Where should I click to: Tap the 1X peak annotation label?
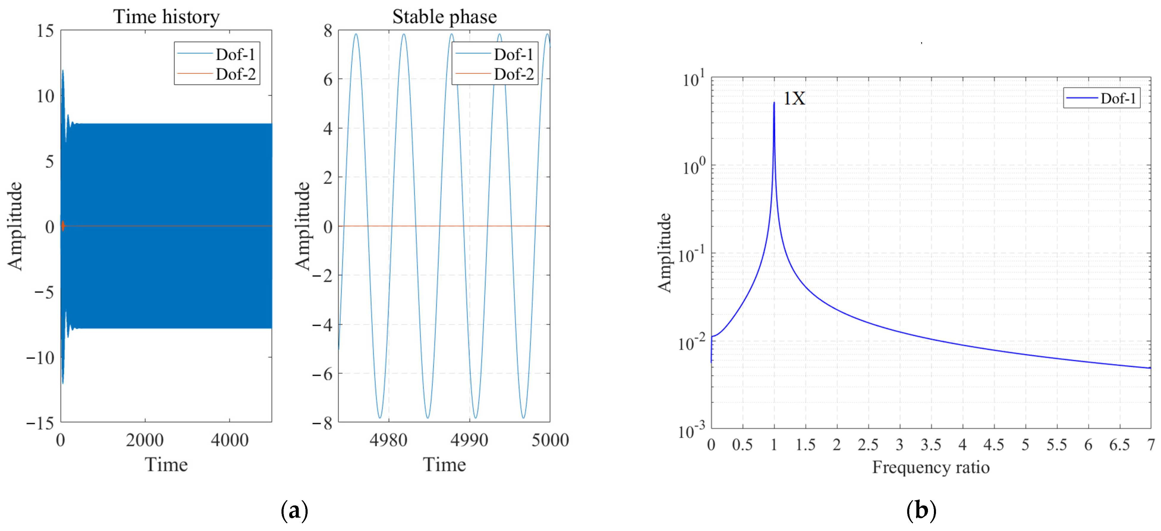click(794, 98)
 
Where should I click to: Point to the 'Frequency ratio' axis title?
click(931, 467)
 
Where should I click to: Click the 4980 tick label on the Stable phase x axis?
click(388, 440)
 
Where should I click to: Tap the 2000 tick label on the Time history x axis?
click(145, 440)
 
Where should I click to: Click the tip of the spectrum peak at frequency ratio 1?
click(774, 103)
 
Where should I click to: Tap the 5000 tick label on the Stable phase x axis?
click(550, 440)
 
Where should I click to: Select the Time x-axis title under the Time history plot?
click(166, 465)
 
